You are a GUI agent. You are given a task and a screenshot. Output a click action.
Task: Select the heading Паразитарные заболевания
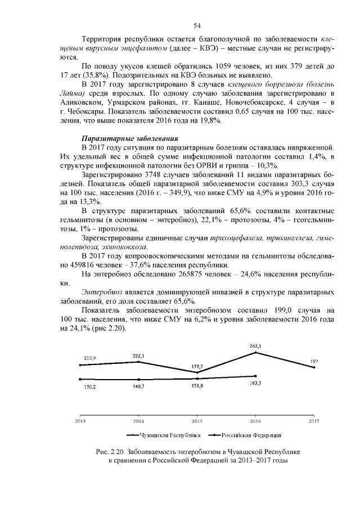(x=130, y=138)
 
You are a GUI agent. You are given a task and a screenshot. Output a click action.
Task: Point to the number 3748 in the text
(x=155, y=174)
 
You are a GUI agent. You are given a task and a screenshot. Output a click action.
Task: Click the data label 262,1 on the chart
(x=255, y=346)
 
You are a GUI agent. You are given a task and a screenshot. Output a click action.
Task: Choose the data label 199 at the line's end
(x=314, y=361)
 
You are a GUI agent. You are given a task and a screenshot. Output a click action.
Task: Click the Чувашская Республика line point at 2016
(x=256, y=353)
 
